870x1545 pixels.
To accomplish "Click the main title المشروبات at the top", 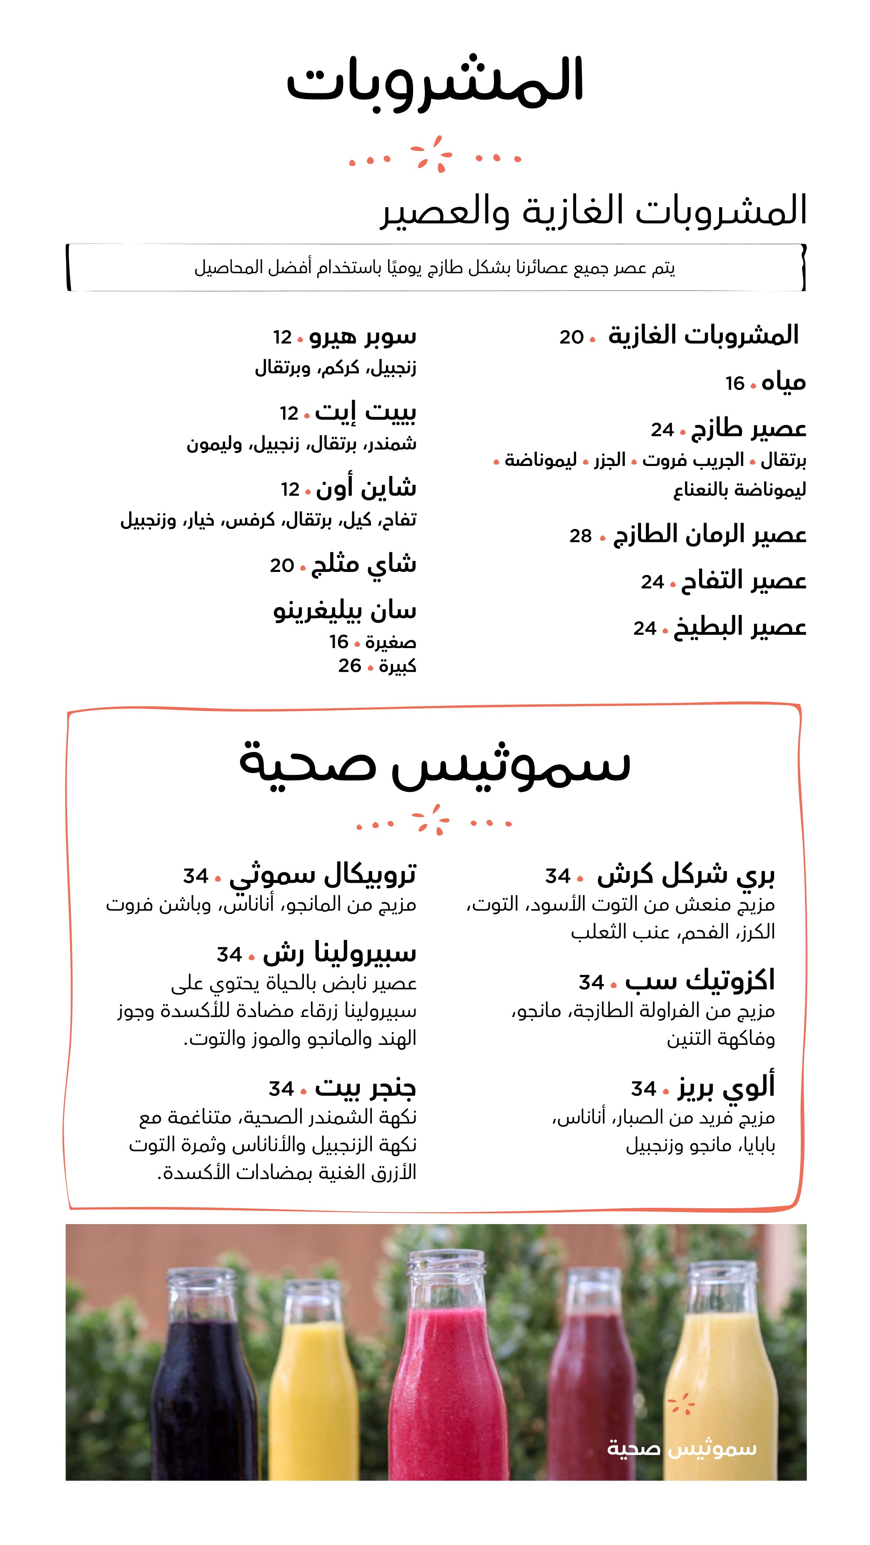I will click(435, 81).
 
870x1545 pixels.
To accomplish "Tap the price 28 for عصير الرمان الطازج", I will click(580, 536).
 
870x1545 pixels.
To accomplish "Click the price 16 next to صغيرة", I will click(338, 642).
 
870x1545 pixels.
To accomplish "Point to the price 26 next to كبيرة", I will click(349, 666).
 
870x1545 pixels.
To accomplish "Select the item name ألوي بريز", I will click(726, 1087).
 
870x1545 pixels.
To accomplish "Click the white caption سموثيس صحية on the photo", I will click(682, 1448).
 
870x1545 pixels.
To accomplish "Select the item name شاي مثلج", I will click(364, 564).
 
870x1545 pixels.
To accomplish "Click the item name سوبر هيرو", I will click(363, 336).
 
